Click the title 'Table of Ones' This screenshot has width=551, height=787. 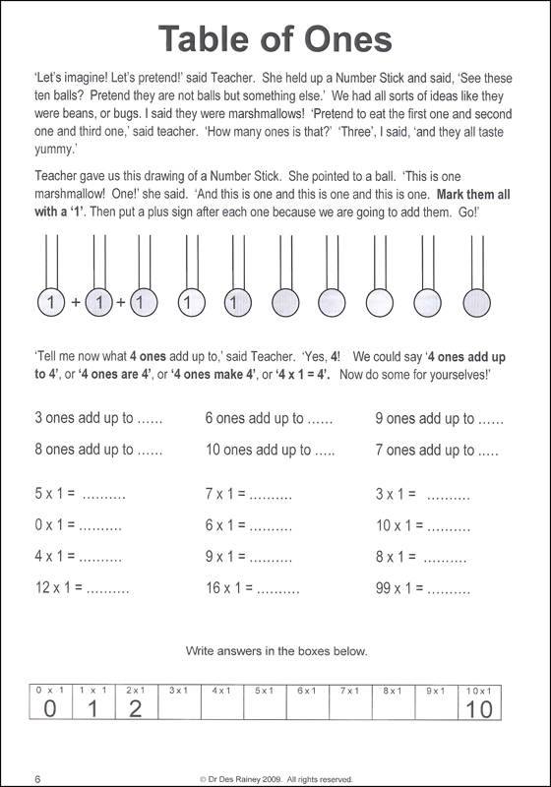(275, 40)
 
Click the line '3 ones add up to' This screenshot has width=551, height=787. (84, 418)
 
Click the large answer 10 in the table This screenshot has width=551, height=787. (479, 709)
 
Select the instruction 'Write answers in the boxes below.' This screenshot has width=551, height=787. (275, 651)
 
